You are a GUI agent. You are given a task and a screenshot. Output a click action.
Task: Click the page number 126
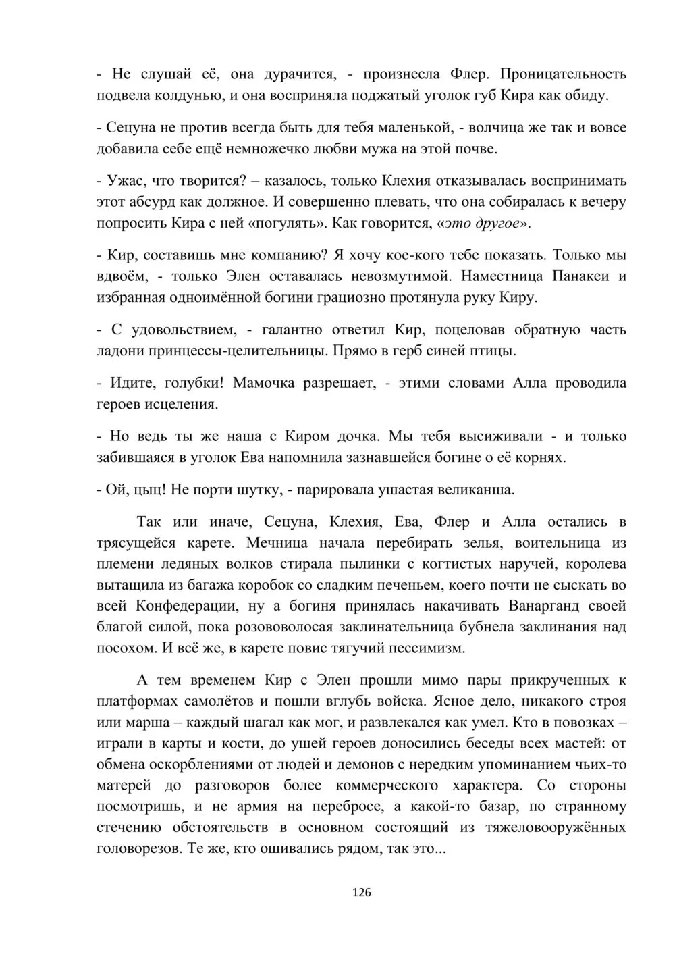click(361, 892)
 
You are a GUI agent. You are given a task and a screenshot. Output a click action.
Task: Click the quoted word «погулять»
click(288, 223)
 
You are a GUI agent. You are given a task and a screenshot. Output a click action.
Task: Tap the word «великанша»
click(462, 490)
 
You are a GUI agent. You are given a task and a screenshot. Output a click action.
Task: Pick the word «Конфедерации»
click(186, 605)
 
